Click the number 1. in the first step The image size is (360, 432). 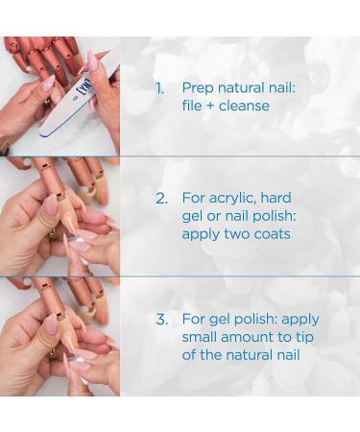160,87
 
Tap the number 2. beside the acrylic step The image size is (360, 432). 161,198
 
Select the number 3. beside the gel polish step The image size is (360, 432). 161,320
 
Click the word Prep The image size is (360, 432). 199,88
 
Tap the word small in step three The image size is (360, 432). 202,338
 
